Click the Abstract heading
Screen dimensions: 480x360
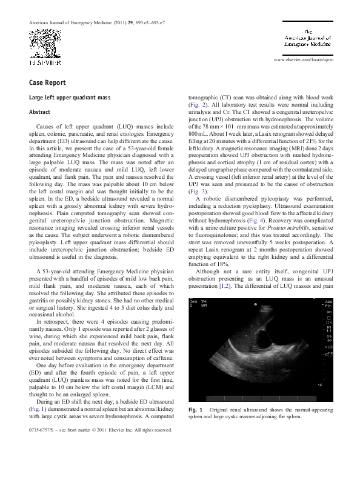(41, 112)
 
